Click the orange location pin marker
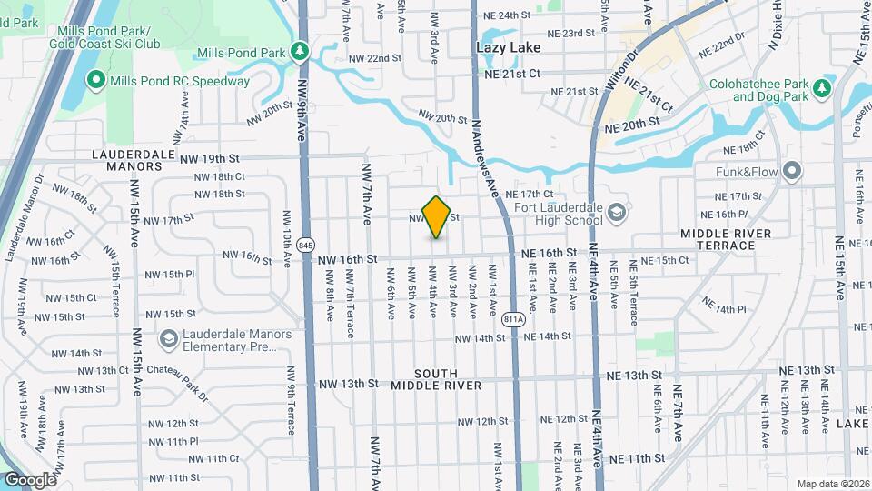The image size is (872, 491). click(x=437, y=216)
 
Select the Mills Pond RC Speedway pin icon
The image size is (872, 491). click(x=94, y=81)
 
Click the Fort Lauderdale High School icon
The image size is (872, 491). click(x=617, y=213)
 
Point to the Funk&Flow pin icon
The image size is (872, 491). click(x=793, y=171)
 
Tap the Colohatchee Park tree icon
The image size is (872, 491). click(x=822, y=88)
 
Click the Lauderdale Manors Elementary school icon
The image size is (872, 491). click(x=168, y=339)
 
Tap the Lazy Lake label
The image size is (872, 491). click(x=509, y=47)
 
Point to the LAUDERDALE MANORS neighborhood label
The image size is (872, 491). click(x=133, y=161)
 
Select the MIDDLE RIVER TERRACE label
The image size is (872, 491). click(x=726, y=240)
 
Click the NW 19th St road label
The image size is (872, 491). click(x=208, y=158)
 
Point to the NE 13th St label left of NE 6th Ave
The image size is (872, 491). click(x=633, y=375)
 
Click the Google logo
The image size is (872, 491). click(x=30, y=480)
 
